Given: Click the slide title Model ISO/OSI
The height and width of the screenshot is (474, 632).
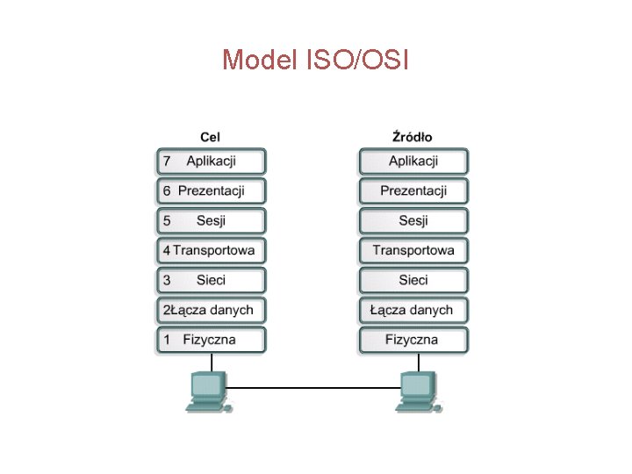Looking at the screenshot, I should (x=315, y=61).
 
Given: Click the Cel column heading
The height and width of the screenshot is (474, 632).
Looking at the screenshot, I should (x=211, y=137).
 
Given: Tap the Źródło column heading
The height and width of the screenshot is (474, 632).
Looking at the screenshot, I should (x=413, y=137).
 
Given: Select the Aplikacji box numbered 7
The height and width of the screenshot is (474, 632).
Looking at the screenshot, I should (x=211, y=162).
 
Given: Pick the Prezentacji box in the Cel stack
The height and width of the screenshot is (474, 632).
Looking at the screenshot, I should (x=211, y=190).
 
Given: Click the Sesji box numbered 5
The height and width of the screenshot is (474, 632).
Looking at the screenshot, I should (x=211, y=220).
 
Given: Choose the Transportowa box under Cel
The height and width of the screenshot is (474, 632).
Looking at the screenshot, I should (x=211, y=250).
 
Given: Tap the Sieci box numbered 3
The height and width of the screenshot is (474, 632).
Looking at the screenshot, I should (x=211, y=280).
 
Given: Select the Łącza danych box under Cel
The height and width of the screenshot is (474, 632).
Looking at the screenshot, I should (x=211, y=310).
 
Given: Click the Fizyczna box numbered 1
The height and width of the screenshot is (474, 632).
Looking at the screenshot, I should (x=211, y=340).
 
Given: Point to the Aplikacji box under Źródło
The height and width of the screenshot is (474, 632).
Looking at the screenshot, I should (x=413, y=162).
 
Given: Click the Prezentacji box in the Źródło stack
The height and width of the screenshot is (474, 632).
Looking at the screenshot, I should (x=413, y=190).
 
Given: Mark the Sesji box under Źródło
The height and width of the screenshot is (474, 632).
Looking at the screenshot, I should (x=413, y=220).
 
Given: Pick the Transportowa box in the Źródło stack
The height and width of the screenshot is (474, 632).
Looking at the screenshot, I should (x=413, y=250).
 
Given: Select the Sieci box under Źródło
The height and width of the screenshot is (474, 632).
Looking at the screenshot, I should (x=413, y=280).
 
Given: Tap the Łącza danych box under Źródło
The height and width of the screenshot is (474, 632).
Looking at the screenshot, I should (x=413, y=310).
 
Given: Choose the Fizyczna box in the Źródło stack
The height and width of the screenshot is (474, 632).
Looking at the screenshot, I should (x=413, y=340).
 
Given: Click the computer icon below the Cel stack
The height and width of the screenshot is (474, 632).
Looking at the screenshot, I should (x=207, y=391).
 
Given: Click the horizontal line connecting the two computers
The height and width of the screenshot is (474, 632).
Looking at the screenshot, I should (x=312, y=388).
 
